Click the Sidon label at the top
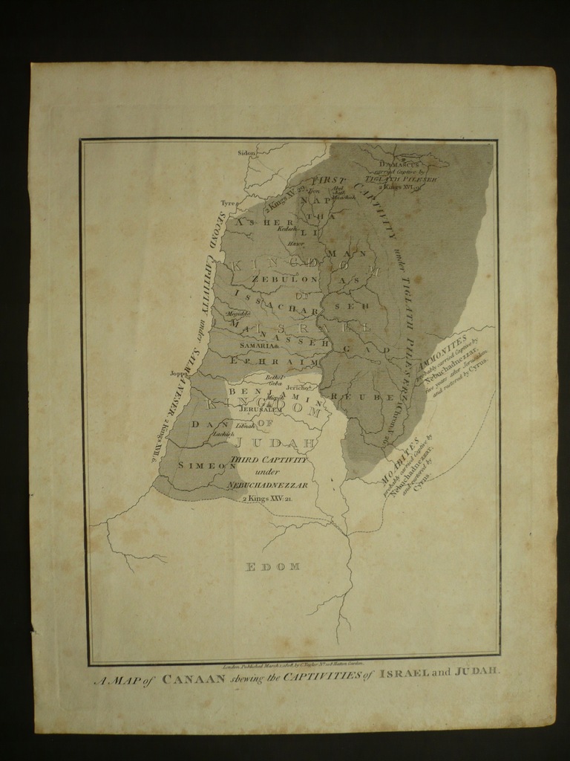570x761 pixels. (x=246, y=153)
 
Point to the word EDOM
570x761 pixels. (x=272, y=567)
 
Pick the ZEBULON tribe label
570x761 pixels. (x=285, y=279)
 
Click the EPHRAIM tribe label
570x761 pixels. (x=274, y=361)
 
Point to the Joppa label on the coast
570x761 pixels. (x=179, y=374)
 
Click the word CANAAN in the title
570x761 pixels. (x=194, y=678)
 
